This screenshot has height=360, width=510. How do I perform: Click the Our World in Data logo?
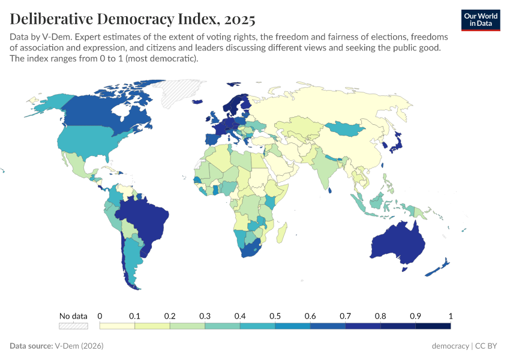coord(480,19)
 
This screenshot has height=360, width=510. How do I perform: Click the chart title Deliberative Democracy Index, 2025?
coord(133,19)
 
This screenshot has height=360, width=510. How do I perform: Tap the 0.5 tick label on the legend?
coord(275,316)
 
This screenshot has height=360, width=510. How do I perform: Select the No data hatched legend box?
coord(73,326)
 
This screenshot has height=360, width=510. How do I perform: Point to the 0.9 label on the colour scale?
coord(415,316)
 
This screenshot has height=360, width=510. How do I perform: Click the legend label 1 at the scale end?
coord(450,316)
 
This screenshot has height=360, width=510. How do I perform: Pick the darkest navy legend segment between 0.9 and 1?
coord(433,326)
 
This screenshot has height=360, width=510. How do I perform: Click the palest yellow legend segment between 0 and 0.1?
coord(117,326)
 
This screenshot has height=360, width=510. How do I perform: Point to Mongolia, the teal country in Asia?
coord(347,128)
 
